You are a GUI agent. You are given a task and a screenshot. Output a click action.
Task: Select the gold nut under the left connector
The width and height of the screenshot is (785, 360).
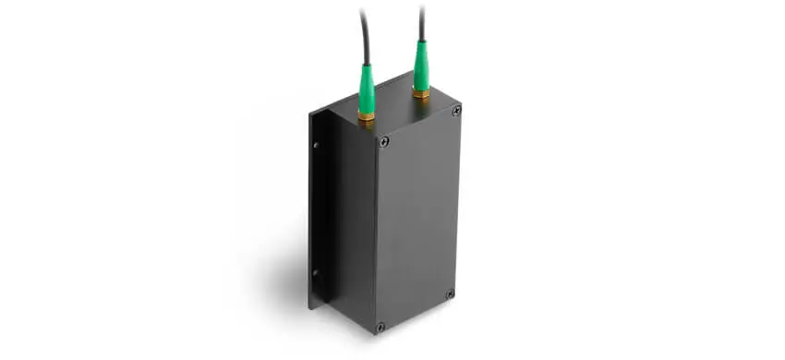367,116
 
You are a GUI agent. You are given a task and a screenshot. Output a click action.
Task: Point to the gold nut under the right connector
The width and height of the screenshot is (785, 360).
421,92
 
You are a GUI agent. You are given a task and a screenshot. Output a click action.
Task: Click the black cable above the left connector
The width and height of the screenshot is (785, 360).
363,32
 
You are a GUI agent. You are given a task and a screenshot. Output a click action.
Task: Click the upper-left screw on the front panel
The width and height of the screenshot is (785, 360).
384,141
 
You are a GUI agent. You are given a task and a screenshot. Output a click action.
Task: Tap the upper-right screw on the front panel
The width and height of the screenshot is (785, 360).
456,111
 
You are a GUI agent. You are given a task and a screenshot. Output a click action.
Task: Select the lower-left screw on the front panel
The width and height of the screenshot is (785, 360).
380,326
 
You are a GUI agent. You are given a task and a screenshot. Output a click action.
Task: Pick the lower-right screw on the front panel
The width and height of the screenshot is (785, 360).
450,294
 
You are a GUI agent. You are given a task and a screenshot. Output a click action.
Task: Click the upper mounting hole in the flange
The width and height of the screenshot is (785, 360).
315,145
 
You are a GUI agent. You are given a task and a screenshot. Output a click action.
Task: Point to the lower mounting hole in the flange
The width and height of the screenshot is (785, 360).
314,272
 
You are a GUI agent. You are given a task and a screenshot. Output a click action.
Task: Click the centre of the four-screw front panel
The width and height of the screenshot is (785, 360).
417,220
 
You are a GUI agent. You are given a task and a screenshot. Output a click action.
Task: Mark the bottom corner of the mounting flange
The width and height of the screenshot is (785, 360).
311,307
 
